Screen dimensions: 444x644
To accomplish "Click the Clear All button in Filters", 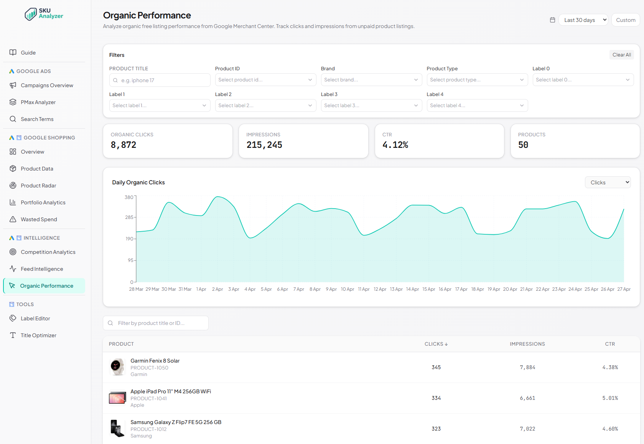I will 621,55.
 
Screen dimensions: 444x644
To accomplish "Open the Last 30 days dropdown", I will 583,20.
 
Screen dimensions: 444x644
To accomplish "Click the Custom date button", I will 626,20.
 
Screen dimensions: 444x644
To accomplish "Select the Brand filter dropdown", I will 371,80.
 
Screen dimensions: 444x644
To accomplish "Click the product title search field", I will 160,80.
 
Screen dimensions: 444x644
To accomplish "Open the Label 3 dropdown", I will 371,106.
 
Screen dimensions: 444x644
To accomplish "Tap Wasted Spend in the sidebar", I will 39,219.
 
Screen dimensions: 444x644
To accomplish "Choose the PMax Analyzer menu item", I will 38,102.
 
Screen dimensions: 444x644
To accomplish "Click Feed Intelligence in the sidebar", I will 42,269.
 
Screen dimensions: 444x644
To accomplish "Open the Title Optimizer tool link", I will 38,335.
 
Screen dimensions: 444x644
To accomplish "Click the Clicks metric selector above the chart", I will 608,182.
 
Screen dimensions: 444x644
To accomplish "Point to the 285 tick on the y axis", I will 129,217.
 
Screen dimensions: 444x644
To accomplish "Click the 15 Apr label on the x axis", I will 428,289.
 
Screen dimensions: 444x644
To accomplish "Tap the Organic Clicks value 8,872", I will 124,145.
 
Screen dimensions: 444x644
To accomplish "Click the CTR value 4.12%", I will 395,145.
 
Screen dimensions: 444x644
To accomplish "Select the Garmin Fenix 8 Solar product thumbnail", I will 117,367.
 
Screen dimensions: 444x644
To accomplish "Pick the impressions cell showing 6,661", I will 527,398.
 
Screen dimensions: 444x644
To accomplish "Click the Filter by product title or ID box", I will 156,323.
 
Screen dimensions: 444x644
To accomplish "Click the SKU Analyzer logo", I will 44,14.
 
